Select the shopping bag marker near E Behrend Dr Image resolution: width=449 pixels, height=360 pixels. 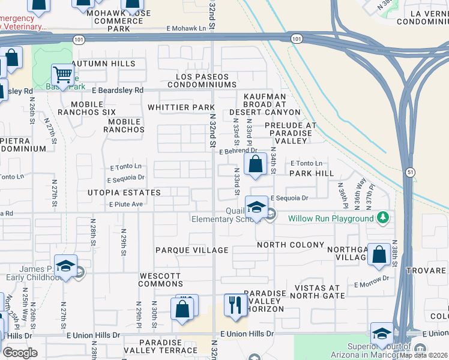[255, 164]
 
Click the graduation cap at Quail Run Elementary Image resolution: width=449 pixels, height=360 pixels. [256, 208]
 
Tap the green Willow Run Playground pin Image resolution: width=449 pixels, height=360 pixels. [382, 218]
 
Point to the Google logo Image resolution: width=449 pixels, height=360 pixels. [20, 352]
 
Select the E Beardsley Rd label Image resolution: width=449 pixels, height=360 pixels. [118, 90]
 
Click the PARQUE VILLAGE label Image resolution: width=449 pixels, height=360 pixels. [191, 250]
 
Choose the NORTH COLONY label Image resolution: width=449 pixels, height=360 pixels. [291, 245]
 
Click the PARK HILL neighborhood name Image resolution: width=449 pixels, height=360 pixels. [311, 173]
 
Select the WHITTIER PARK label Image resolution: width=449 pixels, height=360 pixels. [177, 107]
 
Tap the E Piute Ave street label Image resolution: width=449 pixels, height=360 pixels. [125, 204]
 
